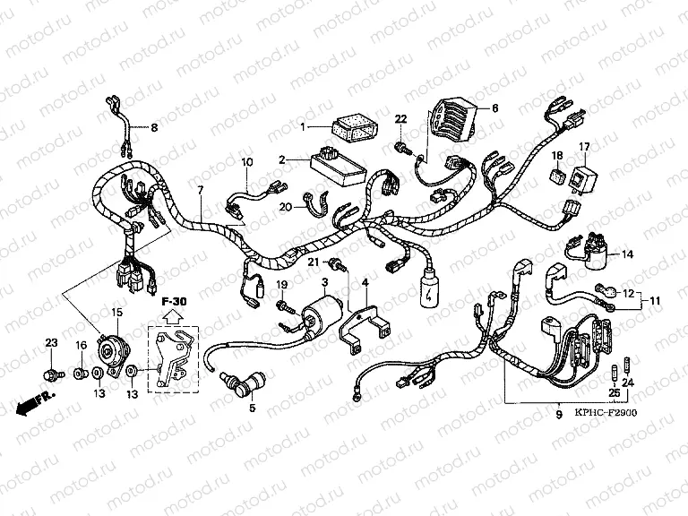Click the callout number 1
[304, 125]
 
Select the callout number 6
[494, 108]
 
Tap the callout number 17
[583, 147]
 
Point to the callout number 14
[627, 254]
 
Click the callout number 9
[558, 415]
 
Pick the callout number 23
[51, 342]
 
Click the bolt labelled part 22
[401, 142]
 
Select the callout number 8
[153, 128]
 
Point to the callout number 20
[285, 208]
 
